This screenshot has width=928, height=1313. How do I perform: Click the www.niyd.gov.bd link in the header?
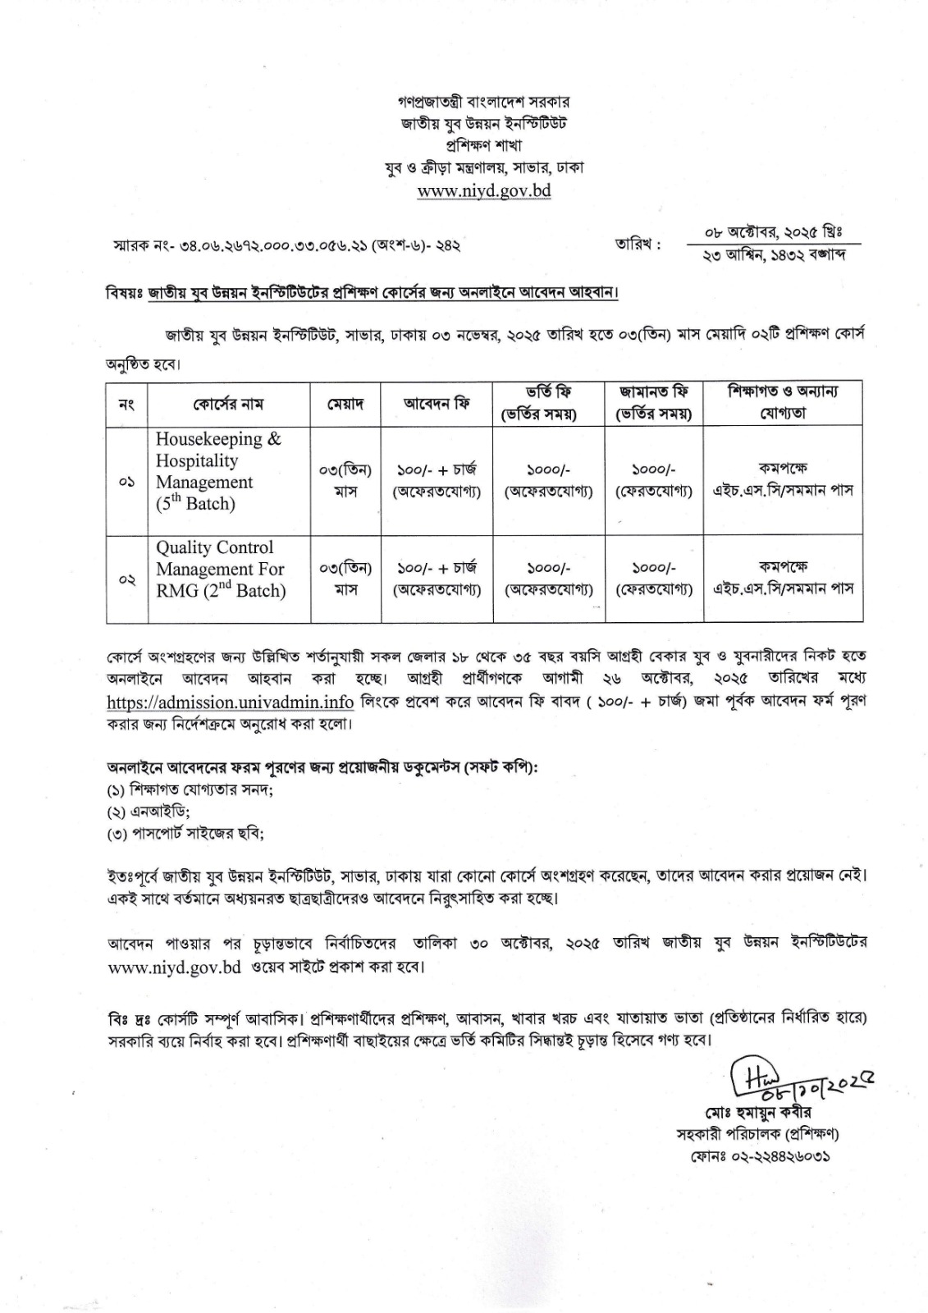(x=483, y=190)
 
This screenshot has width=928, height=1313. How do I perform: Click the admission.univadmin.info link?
(x=231, y=702)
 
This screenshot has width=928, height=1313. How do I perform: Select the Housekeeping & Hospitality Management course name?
(x=218, y=472)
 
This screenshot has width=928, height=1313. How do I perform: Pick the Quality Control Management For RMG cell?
(x=221, y=569)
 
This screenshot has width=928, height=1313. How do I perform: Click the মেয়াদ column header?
(x=345, y=404)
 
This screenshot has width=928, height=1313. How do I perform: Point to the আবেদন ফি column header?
(x=436, y=404)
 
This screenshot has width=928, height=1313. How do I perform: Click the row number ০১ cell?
(x=126, y=481)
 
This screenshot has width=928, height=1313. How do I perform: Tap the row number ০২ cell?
(x=126, y=579)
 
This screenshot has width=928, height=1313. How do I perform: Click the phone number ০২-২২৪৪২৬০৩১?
(x=759, y=1156)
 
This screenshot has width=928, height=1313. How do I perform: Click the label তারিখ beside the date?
(x=638, y=244)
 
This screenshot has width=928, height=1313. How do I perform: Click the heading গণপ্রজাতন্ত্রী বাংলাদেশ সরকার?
(x=485, y=103)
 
